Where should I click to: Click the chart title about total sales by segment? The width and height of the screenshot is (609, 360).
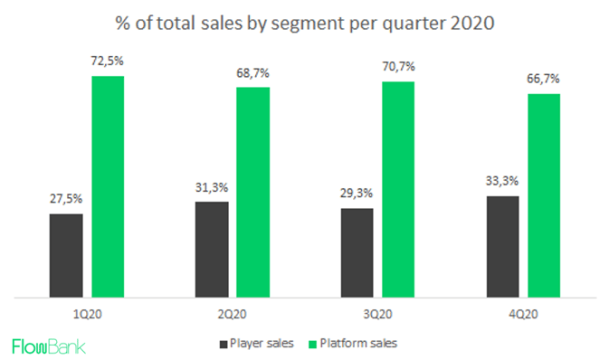pyautogui.click(x=305, y=22)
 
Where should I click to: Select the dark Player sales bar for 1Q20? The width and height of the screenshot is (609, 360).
pyautogui.click(x=66, y=255)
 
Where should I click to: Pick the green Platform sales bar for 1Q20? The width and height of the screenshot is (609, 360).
pyautogui.click(x=108, y=186)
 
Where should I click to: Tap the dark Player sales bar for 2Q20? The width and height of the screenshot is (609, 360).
pyautogui.click(x=212, y=249)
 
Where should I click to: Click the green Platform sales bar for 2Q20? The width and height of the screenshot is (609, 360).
pyautogui.click(x=252, y=192)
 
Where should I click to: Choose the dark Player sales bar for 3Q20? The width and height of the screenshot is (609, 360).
pyautogui.click(x=357, y=252)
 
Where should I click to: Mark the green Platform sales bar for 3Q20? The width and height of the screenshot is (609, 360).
pyautogui.click(x=398, y=189)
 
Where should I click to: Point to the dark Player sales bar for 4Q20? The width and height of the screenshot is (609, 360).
pyautogui.click(x=502, y=246)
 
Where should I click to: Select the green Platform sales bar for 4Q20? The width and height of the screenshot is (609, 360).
pyautogui.click(x=544, y=195)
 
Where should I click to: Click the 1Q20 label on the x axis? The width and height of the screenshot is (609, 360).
pyautogui.click(x=87, y=312)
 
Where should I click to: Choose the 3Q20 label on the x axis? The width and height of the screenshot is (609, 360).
pyautogui.click(x=377, y=312)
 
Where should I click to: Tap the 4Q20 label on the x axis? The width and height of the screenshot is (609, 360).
pyautogui.click(x=523, y=312)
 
